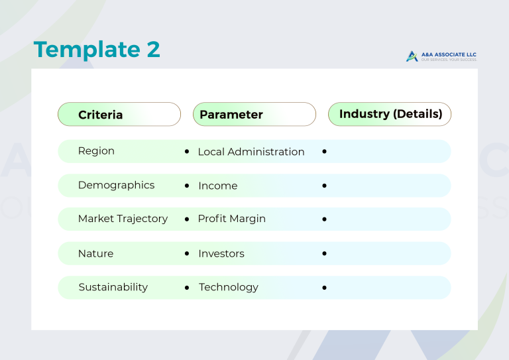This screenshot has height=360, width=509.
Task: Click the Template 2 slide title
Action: click(x=97, y=50)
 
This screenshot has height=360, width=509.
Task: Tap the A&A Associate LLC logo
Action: click(x=441, y=56)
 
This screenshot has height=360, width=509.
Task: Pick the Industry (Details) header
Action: click(x=390, y=114)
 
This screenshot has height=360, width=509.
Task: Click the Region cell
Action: click(x=96, y=151)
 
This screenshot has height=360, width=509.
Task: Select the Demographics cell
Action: click(x=116, y=185)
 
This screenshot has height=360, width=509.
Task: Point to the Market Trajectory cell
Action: click(x=123, y=219)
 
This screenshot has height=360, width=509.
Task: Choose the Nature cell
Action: click(x=95, y=253)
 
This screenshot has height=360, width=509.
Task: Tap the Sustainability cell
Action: click(x=113, y=287)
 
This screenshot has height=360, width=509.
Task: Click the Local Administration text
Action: click(x=251, y=152)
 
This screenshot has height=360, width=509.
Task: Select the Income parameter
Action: click(x=217, y=186)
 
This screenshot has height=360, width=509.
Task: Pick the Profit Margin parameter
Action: click(x=231, y=219)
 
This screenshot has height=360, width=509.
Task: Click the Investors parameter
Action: click(x=221, y=253)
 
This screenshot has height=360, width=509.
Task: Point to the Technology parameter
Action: click(x=229, y=287)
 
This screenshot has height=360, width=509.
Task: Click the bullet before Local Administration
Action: click(x=187, y=152)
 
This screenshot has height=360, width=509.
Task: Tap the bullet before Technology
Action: click(x=187, y=288)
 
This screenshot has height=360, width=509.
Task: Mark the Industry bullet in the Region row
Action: click(x=324, y=152)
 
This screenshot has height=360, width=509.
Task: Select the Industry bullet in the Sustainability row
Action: click(x=324, y=288)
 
